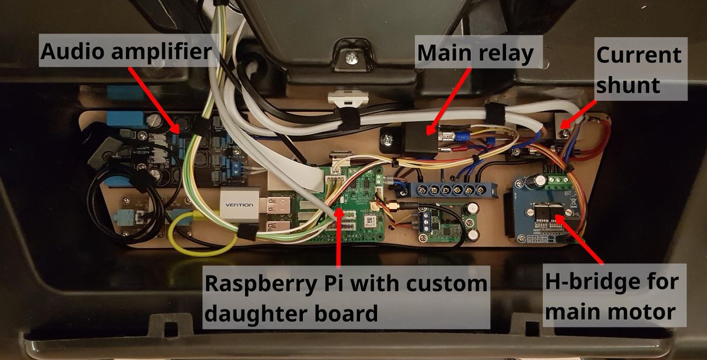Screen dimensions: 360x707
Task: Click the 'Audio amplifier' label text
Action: point(125,52)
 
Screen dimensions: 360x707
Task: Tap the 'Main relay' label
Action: point(475,54)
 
